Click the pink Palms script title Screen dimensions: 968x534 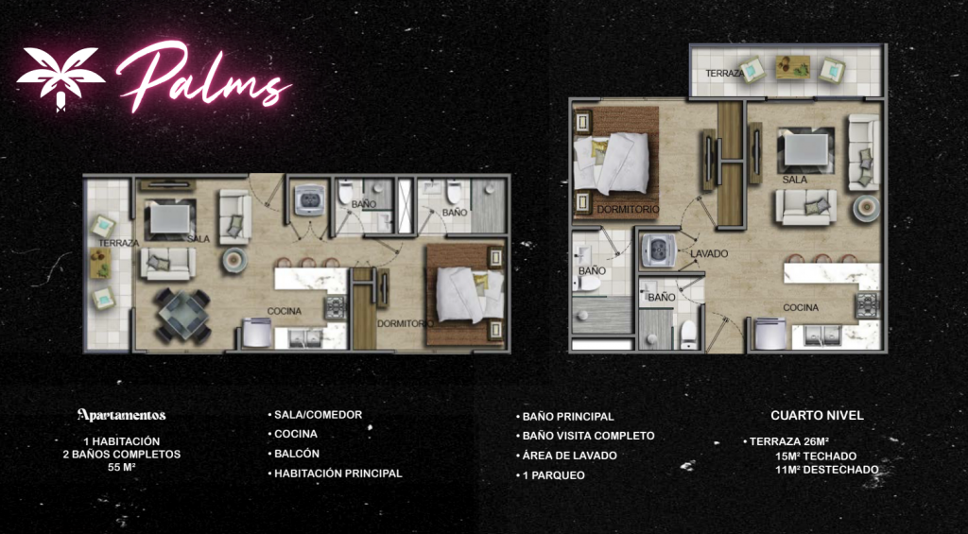tap(204, 78)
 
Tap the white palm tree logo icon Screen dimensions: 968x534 tap(60, 78)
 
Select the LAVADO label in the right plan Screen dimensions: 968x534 tap(709, 253)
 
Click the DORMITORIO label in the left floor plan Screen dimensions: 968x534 tap(405, 323)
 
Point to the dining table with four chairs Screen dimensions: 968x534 tap(183, 315)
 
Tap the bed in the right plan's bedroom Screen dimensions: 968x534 tap(612, 163)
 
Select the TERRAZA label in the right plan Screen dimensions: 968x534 tap(724, 74)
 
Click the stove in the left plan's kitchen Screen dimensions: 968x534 tap(336, 307)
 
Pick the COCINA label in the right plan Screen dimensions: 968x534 tap(801, 307)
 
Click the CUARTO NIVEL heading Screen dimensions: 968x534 tap(817, 416)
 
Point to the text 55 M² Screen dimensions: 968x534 tap(122, 467)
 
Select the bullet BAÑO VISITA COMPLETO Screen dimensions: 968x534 tap(585, 436)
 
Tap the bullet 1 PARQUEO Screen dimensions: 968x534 tap(550, 475)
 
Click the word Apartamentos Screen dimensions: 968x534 tap(122, 415)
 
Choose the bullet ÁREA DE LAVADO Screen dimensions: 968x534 tap(566, 456)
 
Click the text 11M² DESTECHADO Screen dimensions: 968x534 tap(826, 470)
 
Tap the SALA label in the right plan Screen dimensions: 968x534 tap(795, 180)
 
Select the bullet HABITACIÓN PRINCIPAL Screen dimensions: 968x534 tap(336, 474)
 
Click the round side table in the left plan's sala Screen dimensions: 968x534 tap(235, 260)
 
